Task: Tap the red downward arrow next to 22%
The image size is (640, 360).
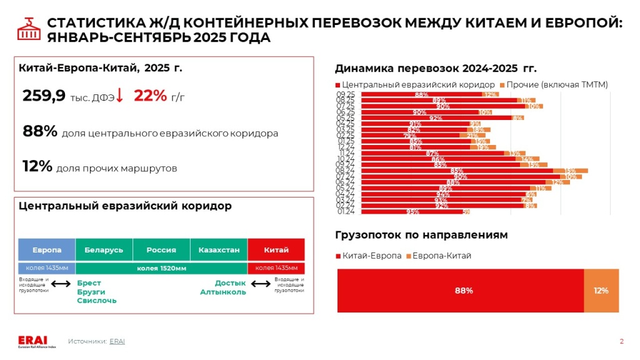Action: [x=120, y=96]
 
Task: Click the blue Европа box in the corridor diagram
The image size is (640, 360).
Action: [x=47, y=250]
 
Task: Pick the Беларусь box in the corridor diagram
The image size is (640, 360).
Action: [x=104, y=250]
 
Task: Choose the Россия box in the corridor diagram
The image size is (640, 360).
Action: [x=161, y=250]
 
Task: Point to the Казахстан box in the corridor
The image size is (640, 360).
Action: [x=219, y=250]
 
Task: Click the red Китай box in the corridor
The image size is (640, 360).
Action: [x=276, y=250]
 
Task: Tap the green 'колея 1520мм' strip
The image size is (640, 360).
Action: [x=161, y=268]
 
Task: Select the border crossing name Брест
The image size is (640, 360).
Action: [x=88, y=283]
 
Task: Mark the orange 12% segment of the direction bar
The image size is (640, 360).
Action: [x=601, y=291]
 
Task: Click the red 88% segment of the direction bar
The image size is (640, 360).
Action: [x=461, y=291]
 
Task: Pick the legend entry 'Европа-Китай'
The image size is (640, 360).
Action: [x=439, y=256]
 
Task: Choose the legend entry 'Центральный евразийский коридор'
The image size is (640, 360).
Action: [x=415, y=84]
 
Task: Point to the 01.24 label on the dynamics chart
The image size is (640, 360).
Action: [x=346, y=211]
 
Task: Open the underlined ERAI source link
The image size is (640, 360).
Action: [x=117, y=341]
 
